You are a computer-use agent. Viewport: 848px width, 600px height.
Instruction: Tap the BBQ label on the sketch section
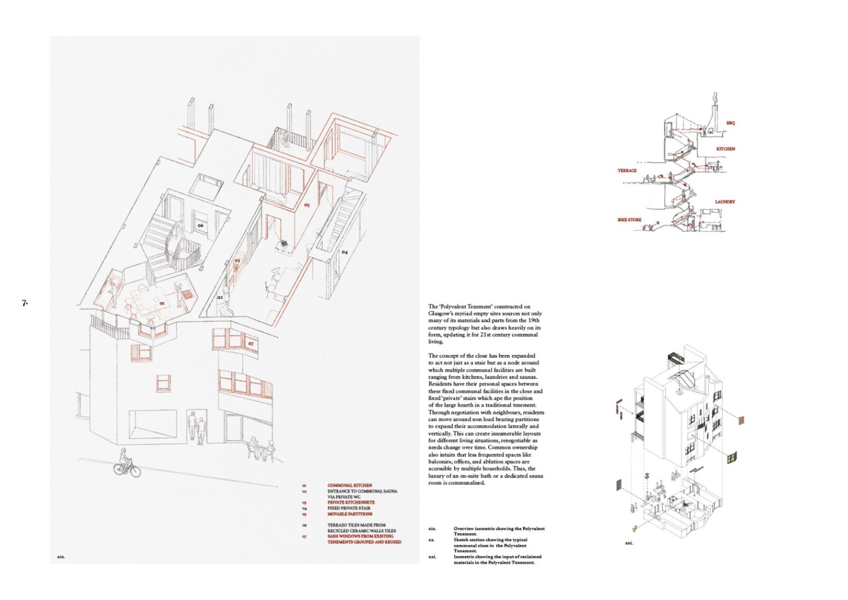coord(730,123)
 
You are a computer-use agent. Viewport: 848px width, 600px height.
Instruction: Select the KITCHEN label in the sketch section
coord(726,149)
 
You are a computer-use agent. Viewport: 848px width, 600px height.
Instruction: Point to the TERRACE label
coord(627,171)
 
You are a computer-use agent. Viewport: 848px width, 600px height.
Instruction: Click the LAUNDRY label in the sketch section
coord(725,202)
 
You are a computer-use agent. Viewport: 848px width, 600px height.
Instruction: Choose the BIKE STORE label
coord(629,219)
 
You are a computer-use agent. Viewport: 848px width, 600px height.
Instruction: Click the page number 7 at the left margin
coord(24,303)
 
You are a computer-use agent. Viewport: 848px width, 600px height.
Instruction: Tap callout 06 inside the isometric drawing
coord(200,225)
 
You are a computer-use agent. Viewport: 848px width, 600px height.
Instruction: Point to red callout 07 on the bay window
coord(251,343)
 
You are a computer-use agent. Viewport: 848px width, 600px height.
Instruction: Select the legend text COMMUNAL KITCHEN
coord(350,486)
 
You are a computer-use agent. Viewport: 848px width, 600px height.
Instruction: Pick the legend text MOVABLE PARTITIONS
coord(350,514)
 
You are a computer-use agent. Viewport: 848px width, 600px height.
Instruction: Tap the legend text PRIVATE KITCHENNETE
coord(351,502)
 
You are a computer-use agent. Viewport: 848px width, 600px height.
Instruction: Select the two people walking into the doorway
coord(196,428)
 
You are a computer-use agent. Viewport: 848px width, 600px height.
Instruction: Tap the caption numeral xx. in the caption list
coord(431,540)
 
